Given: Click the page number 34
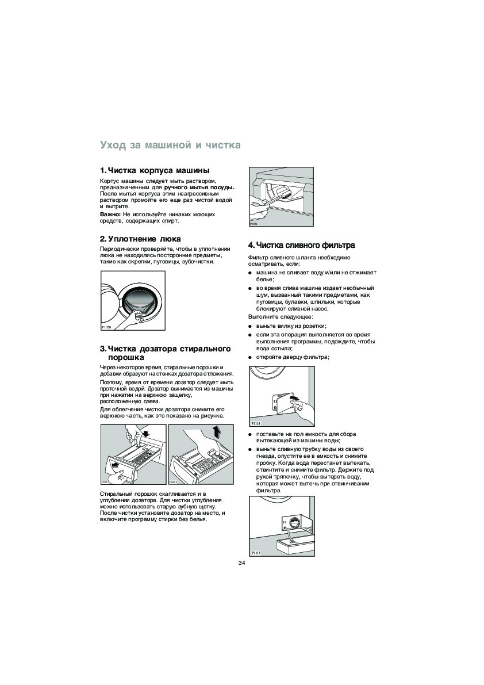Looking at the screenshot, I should click(241, 562).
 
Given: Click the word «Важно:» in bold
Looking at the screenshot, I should click(110, 214).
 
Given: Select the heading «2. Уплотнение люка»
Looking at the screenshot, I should click(140, 239).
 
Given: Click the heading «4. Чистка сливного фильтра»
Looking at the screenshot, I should click(301, 245).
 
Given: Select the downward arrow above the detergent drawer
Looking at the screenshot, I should click(145, 433).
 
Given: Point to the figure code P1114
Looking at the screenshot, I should click(256, 423).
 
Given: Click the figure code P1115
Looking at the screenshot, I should click(256, 553).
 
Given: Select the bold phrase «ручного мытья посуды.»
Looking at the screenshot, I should click(199, 187).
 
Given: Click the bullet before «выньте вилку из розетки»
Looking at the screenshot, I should click(251, 326).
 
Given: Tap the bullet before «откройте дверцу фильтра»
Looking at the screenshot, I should click(251, 357).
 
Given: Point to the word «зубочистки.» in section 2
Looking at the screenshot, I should click(199, 262).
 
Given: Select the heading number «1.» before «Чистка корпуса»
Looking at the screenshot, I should click(103, 170).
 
